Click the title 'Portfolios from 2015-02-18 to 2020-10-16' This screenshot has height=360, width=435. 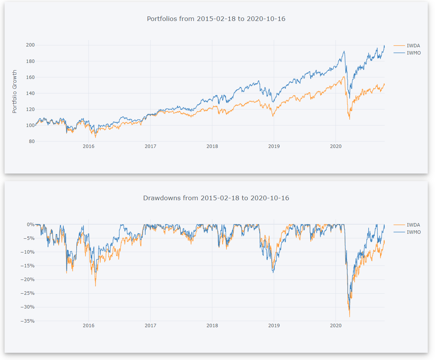pos(216,19)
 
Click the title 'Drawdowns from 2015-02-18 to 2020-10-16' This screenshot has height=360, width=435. pos(216,198)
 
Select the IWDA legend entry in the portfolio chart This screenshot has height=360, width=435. pos(413,46)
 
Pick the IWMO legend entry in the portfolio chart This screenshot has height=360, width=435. pos(414,53)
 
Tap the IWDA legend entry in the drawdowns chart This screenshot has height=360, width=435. pos(413,225)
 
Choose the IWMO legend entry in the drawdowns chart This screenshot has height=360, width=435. pos(414,232)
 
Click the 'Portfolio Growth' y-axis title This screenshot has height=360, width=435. pos(15,92)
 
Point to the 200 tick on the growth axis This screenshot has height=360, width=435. pos(30,45)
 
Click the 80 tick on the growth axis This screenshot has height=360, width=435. pos(32,141)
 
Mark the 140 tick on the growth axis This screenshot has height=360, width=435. pos(30,93)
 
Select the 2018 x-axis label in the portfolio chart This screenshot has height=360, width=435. pos(212,146)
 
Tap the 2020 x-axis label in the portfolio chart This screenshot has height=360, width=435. pos(335,146)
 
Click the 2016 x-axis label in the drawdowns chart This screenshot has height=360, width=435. pos(88,326)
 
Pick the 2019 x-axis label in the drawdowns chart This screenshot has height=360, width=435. pos(274,326)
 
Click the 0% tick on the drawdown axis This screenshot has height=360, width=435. pos(30,225)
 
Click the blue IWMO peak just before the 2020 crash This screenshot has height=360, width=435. pos(344,51)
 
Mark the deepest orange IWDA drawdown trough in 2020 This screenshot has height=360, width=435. pos(350,317)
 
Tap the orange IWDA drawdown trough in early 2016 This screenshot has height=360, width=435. pos(95,286)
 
